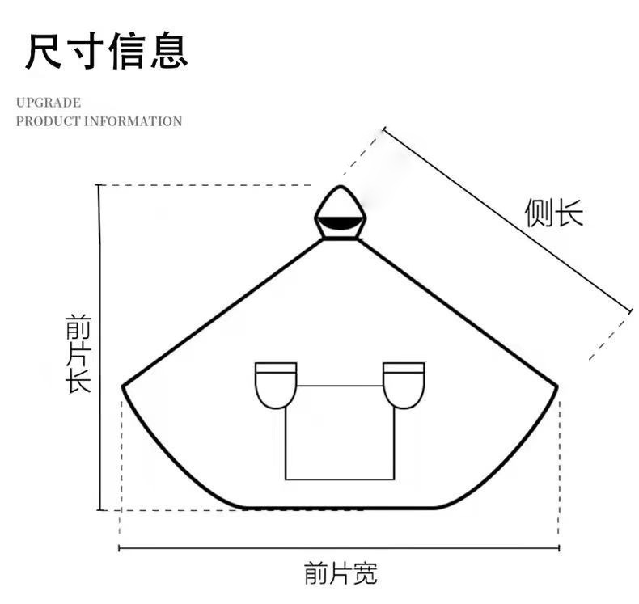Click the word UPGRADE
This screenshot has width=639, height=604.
pos(49,103)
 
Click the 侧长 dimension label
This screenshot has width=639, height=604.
pos(554,213)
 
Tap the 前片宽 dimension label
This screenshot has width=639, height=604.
pos(341,573)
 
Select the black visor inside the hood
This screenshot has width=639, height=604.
pos(340,222)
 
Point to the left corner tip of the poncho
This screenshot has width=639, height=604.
pos(124,386)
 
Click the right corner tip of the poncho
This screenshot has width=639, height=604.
pos(557,386)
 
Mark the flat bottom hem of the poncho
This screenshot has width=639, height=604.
pos(340,508)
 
